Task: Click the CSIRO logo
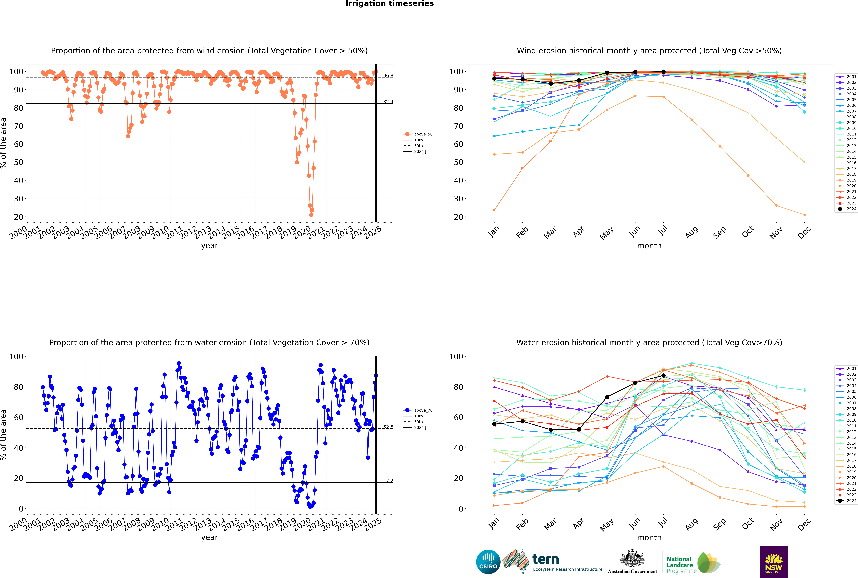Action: click(x=488, y=562)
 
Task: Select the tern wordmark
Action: click(x=546, y=560)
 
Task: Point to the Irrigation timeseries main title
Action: click(x=390, y=4)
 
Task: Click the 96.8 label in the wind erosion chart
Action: click(x=388, y=76)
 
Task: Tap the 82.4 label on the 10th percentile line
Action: click(x=388, y=102)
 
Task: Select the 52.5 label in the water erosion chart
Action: click(x=388, y=427)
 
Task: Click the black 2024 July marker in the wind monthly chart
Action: click(x=663, y=72)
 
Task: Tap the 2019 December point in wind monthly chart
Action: click(x=805, y=215)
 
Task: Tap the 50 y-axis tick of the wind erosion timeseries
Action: click(x=18, y=162)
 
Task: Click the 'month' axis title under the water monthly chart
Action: click(x=649, y=537)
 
